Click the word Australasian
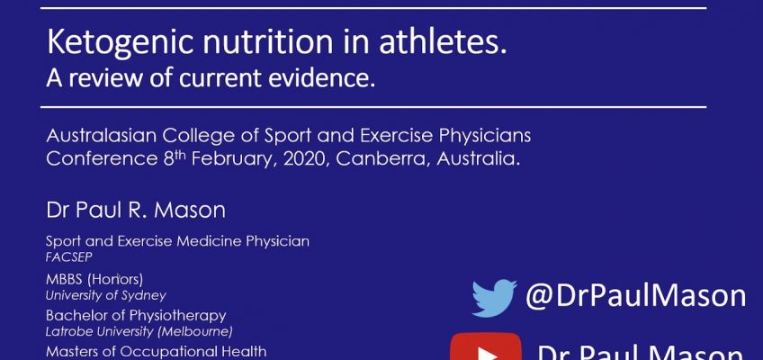pyautogui.click(x=96, y=137)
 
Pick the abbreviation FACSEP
pyautogui.click(x=69, y=256)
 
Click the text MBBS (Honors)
pyautogui.click(x=94, y=279)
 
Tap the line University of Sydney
pyautogui.click(x=106, y=295)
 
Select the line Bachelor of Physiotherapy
pyautogui.click(x=136, y=316)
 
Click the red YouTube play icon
pyautogui.click(x=485, y=350)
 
